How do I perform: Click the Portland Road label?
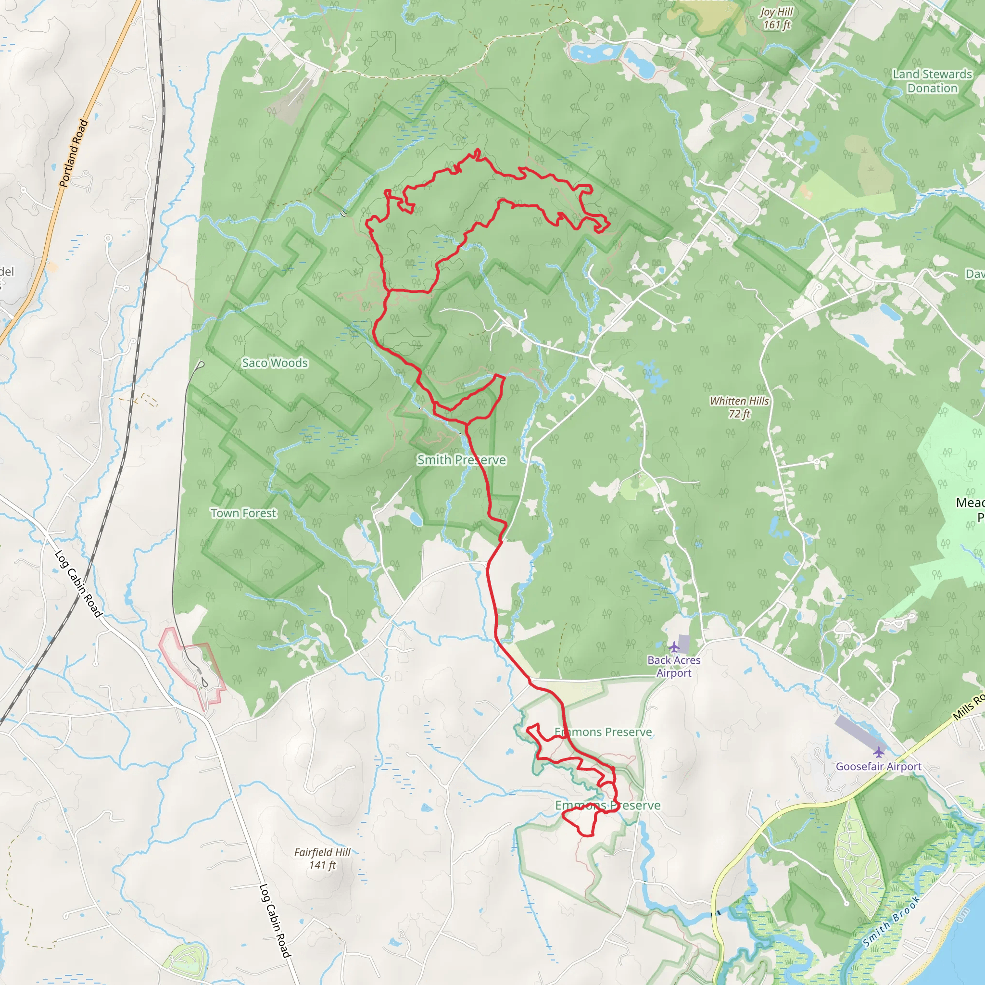(x=74, y=153)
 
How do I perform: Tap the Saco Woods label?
(x=275, y=363)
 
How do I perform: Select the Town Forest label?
(x=244, y=513)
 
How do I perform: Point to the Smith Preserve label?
(x=461, y=460)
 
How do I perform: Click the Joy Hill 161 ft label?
(x=776, y=18)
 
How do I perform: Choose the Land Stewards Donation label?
(x=933, y=81)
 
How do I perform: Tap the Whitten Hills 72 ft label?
(x=739, y=407)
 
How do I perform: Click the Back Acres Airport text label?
(x=674, y=666)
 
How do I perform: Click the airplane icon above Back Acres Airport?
(x=674, y=647)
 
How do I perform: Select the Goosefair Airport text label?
(x=878, y=766)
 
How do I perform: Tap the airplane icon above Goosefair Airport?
(x=878, y=752)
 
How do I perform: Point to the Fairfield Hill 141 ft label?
(x=322, y=859)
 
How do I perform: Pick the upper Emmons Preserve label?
(x=603, y=732)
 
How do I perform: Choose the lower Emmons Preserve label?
(x=608, y=806)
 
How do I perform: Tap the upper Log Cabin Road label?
(x=78, y=583)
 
